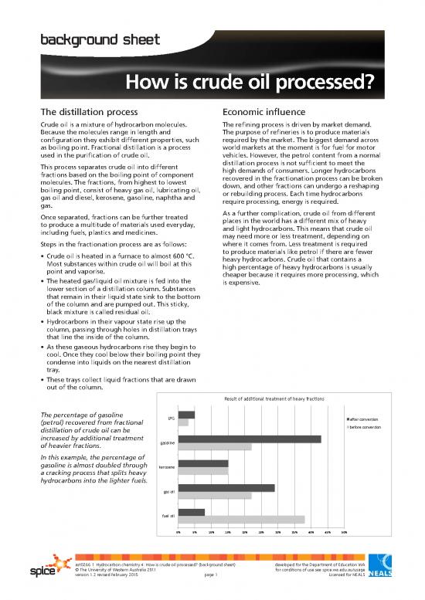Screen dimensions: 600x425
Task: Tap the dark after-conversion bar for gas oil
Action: click(226, 487)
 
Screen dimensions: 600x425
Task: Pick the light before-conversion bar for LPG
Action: click(183, 422)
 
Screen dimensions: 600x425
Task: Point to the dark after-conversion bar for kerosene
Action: click(202, 463)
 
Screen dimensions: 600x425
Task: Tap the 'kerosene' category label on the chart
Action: click(166, 467)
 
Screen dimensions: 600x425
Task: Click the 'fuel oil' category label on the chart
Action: click(167, 515)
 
